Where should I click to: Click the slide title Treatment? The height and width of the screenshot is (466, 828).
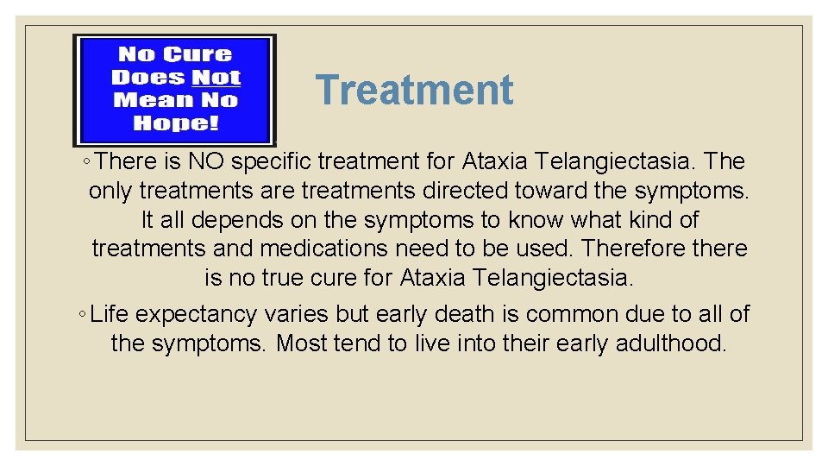tap(414, 90)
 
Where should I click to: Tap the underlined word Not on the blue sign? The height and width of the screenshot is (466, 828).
tap(216, 77)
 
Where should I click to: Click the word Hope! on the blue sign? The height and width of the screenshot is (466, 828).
tap(176, 122)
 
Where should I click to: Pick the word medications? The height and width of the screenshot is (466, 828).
tap(324, 249)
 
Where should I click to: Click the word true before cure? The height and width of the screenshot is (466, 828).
tap(310, 278)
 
